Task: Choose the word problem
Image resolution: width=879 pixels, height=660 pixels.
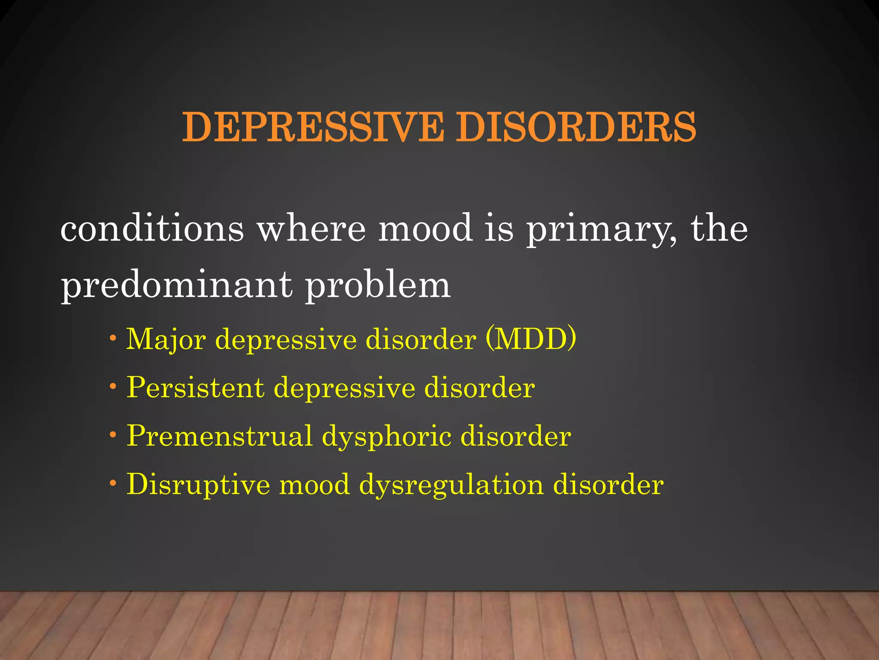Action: [378, 286]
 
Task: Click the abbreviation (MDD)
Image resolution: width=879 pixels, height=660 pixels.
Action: [531, 339]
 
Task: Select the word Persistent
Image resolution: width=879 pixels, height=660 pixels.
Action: [195, 388]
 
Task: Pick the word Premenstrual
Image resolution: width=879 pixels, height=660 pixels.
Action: [219, 436]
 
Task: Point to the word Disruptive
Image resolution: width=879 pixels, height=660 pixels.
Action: [198, 485]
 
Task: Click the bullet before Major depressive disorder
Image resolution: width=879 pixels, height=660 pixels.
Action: [113, 338]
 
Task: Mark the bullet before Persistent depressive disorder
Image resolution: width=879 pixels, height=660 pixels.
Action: [113, 386]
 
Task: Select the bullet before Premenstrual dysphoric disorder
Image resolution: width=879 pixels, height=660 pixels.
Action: [113, 434]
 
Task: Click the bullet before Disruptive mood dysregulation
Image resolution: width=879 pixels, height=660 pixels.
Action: [113, 483]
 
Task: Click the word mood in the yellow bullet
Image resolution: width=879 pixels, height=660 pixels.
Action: [315, 485]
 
